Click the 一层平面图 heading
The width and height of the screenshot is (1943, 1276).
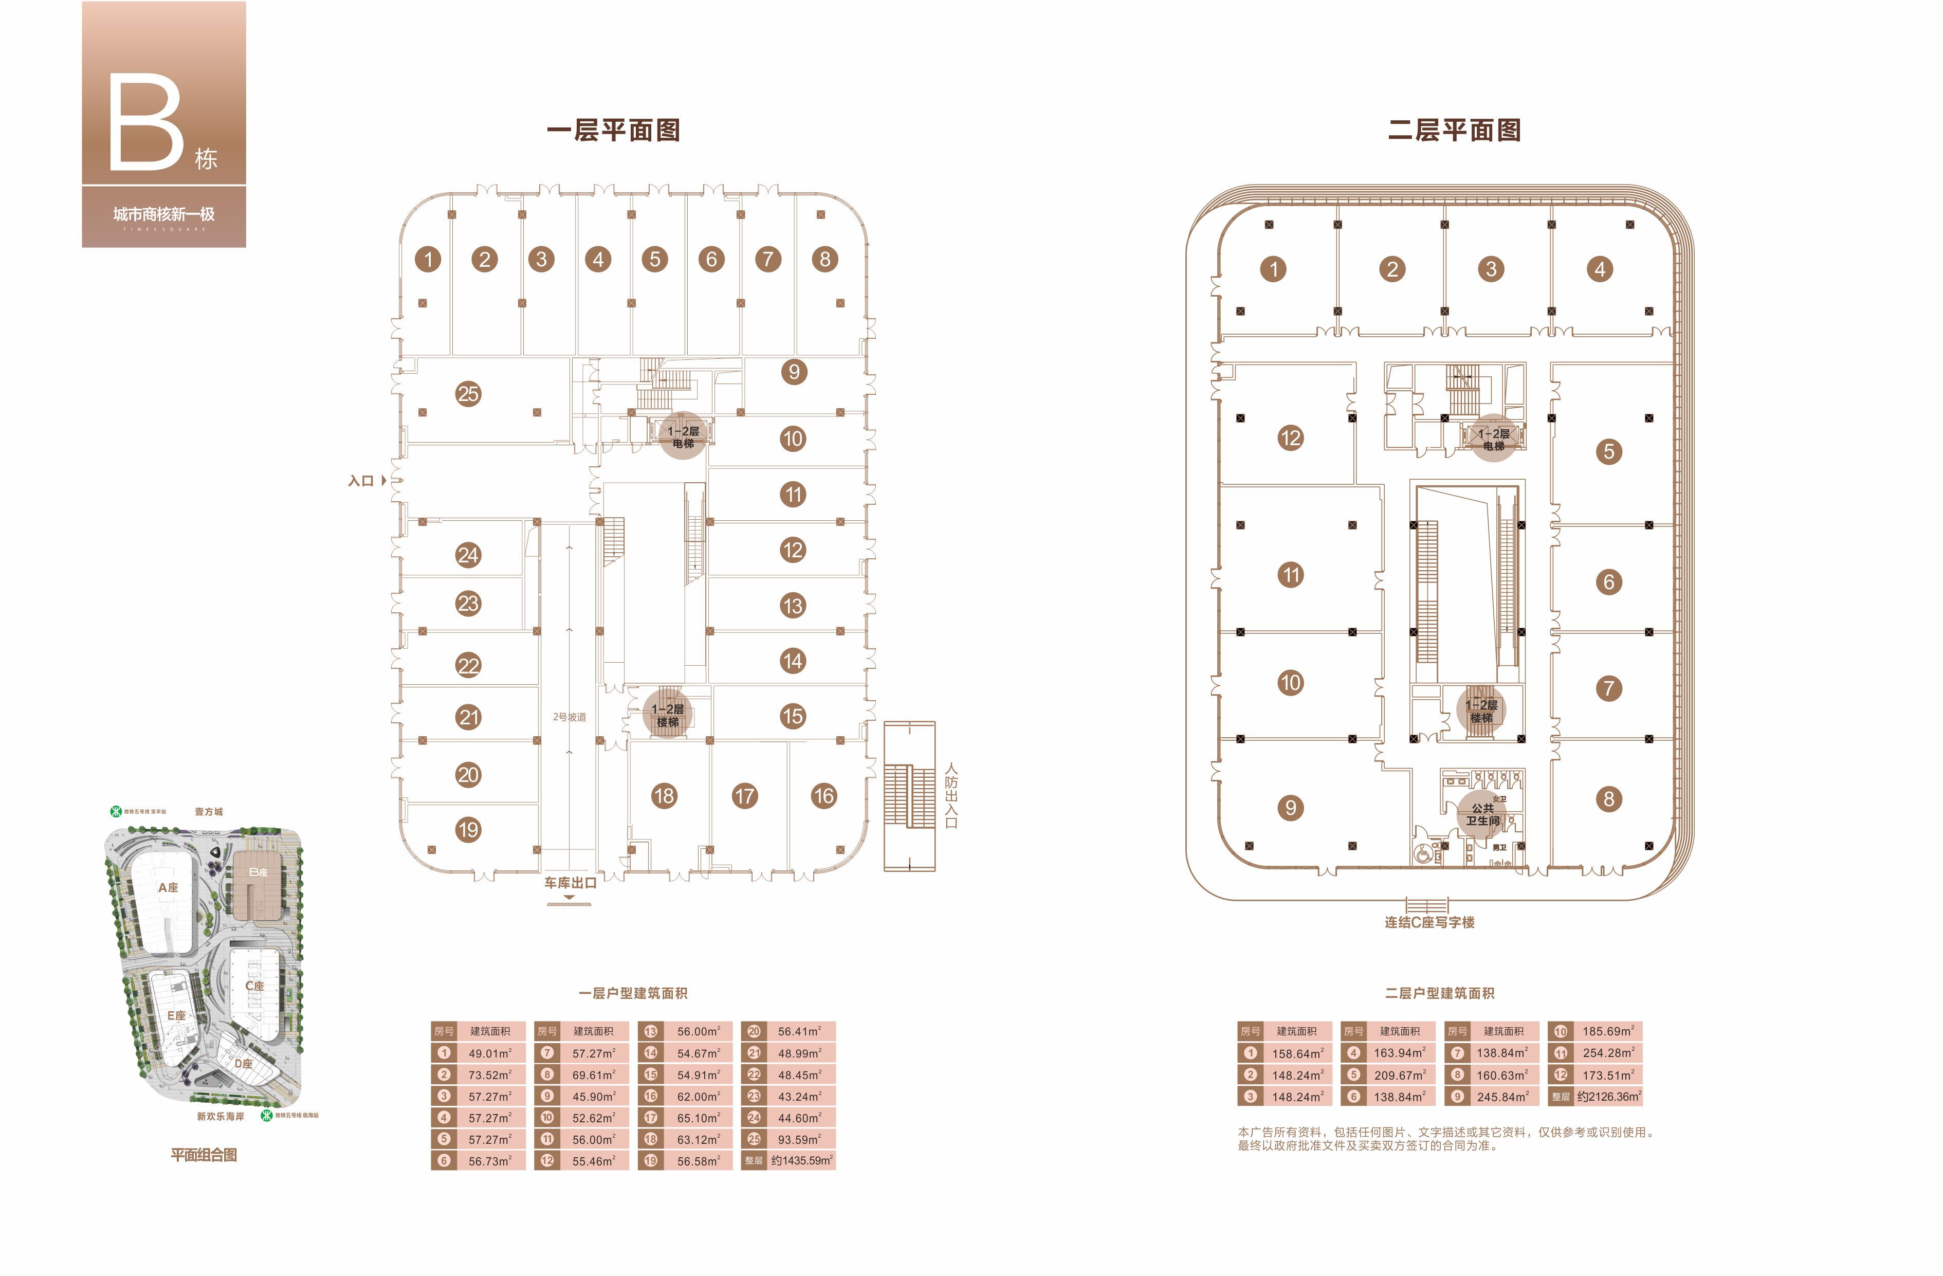coord(613,131)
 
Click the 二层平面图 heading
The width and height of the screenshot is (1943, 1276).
coord(1454,131)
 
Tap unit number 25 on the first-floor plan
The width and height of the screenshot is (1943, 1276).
coord(468,394)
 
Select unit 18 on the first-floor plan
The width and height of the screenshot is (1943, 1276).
coord(664,796)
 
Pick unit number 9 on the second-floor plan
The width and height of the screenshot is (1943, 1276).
coord(1290,808)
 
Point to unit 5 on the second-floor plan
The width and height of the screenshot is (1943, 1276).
coord(1608,451)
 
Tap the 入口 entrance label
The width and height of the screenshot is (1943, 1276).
coord(361,481)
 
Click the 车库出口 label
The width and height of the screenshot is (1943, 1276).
coord(570,883)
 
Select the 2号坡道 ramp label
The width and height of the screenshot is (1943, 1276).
coord(569,717)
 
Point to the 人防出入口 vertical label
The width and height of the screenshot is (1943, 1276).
coord(951,795)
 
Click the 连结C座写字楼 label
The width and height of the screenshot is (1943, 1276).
coord(1428,922)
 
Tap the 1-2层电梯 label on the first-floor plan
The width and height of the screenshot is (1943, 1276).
coord(683,437)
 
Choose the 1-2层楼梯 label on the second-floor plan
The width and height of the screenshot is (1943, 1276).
coord(1481,711)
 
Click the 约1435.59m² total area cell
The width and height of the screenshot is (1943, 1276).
coord(802,1160)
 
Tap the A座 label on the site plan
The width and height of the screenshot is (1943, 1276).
coord(168,887)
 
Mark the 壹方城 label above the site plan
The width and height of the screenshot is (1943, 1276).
coord(208,811)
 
